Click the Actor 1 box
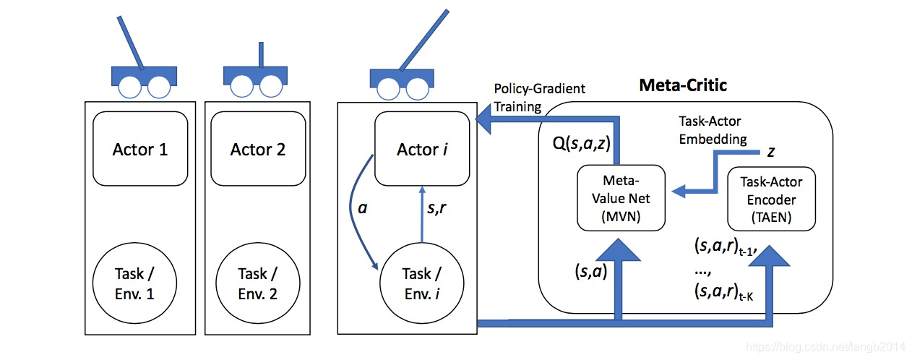[x=140, y=150]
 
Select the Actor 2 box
[x=258, y=150]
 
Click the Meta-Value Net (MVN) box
[x=621, y=198]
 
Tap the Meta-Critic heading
[x=681, y=85]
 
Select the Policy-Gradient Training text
[x=538, y=98]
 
